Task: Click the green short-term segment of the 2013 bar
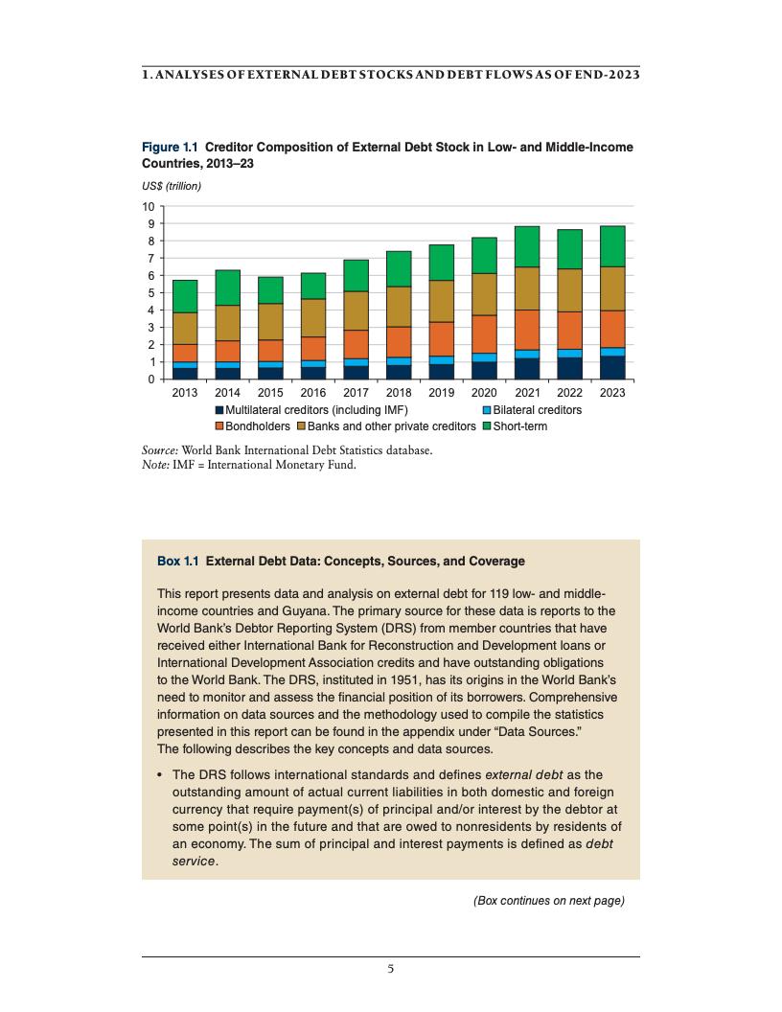[x=184, y=296]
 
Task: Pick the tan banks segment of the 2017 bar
[x=356, y=310]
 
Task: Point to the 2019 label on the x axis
[x=441, y=393]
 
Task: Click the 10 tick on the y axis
[x=148, y=207]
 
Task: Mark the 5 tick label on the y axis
[x=149, y=293]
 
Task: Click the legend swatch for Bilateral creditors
[x=486, y=410]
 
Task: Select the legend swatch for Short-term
[x=486, y=426]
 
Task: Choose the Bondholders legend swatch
[x=218, y=426]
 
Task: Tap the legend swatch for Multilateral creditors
[x=218, y=410]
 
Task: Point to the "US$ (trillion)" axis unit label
[x=172, y=186]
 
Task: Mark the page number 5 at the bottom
[x=390, y=968]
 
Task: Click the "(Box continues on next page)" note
[x=549, y=900]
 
